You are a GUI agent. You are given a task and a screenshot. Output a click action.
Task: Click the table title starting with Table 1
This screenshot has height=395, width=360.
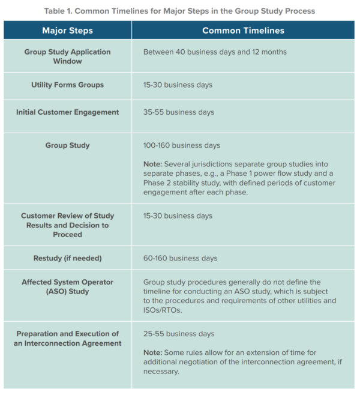[180, 10]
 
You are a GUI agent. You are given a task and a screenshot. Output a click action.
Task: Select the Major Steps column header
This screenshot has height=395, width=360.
[67, 30]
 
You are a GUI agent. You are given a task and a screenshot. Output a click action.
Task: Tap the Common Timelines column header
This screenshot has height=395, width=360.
[243, 30]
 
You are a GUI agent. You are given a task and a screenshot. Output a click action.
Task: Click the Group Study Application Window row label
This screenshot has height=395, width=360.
[67, 56]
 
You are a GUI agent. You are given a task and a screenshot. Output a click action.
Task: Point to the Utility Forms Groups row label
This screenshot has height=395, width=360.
[67, 85]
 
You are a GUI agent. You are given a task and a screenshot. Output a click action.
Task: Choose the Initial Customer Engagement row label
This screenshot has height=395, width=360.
[67, 112]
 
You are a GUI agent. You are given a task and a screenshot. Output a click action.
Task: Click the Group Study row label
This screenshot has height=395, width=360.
[67, 145]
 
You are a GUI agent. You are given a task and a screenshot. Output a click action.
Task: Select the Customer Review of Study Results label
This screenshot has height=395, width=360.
[67, 225]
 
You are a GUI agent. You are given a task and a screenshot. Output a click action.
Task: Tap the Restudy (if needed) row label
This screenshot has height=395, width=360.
[67, 258]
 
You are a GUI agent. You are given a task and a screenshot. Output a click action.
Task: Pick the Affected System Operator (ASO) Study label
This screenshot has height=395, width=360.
[67, 286]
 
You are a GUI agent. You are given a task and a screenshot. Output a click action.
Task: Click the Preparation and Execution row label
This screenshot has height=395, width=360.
[67, 338]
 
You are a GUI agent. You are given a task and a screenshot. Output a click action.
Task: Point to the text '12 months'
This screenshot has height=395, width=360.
[270, 52]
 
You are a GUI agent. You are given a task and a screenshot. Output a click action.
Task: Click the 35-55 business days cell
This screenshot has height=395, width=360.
[178, 112]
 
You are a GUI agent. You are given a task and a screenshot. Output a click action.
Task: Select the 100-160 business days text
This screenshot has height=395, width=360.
[182, 145]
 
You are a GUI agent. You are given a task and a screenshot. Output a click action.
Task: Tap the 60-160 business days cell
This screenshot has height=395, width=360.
[180, 258]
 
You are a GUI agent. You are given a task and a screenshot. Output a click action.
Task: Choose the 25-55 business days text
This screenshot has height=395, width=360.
[178, 333]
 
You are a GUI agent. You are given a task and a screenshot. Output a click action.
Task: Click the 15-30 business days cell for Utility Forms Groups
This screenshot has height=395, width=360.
[178, 85]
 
